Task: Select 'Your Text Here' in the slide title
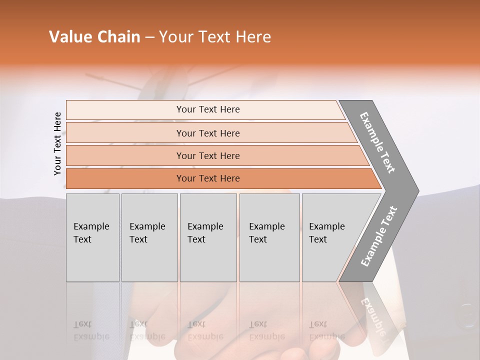(215, 37)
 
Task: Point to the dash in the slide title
(149, 37)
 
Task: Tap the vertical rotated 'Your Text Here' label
(57, 143)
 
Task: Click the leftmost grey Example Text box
(92, 237)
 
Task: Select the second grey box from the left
(149, 237)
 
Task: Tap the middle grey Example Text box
(208, 237)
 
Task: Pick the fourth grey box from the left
(269, 237)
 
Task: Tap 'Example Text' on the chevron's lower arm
(379, 236)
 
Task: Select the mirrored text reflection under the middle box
(205, 330)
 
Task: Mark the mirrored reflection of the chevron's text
(372, 315)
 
